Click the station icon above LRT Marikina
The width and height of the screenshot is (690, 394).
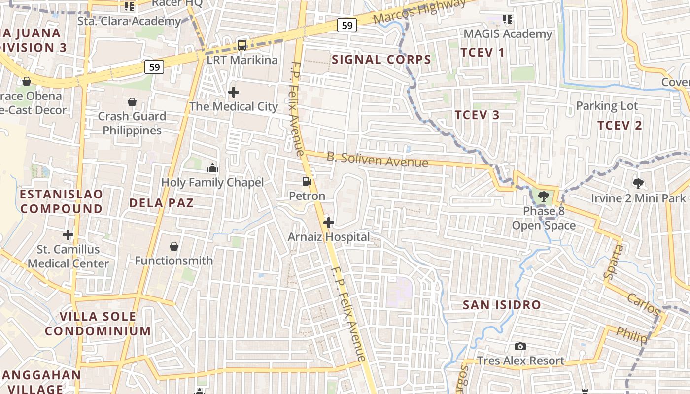(x=242, y=45)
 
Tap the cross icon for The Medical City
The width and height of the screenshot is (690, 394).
(x=234, y=92)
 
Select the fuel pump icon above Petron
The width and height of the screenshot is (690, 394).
(x=307, y=181)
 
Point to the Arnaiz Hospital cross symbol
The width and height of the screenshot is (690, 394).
(x=329, y=223)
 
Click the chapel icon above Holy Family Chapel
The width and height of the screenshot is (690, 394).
(x=212, y=168)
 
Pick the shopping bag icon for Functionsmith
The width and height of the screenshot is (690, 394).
(x=173, y=246)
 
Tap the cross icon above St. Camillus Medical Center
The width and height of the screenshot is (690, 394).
(x=68, y=235)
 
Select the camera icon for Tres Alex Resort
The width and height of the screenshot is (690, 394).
(x=520, y=346)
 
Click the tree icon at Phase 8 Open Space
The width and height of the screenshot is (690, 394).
(x=543, y=197)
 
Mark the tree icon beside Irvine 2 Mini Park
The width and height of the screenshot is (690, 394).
(x=638, y=184)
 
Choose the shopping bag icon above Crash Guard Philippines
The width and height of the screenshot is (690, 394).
(x=132, y=102)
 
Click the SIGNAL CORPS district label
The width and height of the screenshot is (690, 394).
(x=381, y=60)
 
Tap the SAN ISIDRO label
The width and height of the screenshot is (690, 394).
(x=502, y=305)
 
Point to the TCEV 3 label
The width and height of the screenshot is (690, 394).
(x=477, y=115)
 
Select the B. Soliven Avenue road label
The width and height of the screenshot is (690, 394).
(x=377, y=160)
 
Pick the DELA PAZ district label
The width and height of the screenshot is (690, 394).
(x=161, y=203)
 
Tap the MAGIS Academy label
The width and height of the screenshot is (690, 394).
(x=508, y=34)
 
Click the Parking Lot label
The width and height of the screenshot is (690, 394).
(x=607, y=106)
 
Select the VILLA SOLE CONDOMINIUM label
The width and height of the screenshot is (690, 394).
(x=98, y=323)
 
